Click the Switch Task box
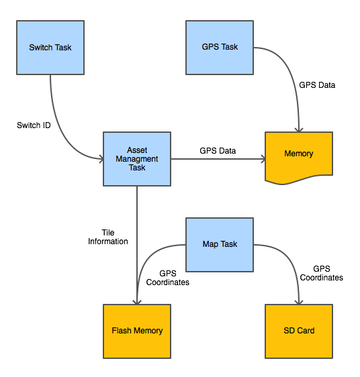tap(50, 48)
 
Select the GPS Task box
tap(220, 48)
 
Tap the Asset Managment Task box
tap(137, 159)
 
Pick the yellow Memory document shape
tap(299, 158)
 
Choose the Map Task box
tap(220, 245)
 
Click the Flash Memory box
tap(137, 331)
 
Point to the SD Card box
tap(299, 331)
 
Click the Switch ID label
tap(34, 125)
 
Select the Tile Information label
tap(108, 237)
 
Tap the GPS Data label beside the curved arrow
tap(317, 85)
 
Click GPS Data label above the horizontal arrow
tap(218, 151)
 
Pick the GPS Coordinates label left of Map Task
tap(168, 278)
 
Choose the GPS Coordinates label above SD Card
tap(322, 273)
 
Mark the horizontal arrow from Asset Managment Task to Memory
tap(218, 159)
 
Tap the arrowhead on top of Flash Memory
tap(137, 302)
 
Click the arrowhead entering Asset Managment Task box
tap(101, 159)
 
